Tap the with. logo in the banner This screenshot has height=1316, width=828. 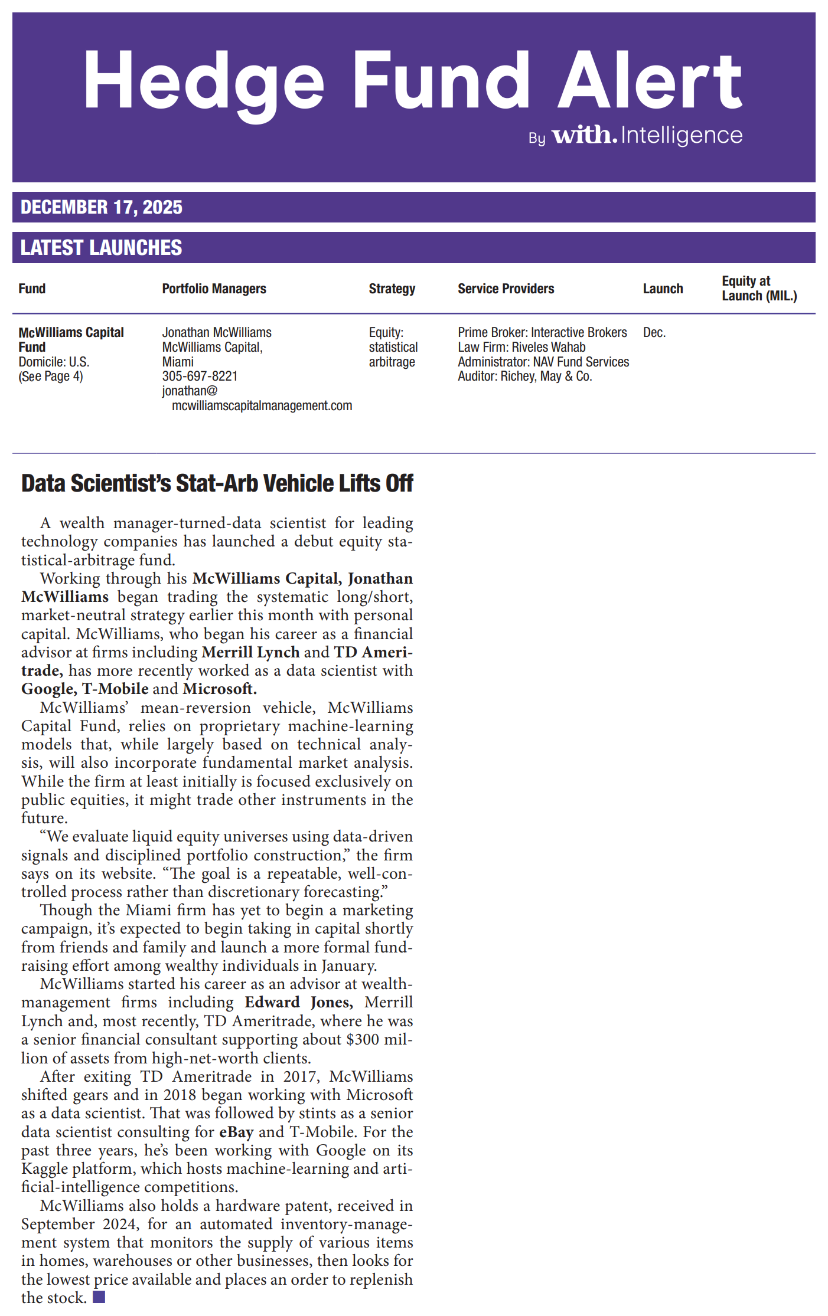tap(584, 135)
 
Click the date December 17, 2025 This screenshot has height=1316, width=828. tap(102, 207)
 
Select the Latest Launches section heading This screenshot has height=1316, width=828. tap(102, 248)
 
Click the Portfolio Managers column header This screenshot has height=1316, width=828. tap(214, 289)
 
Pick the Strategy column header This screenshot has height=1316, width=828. tap(392, 289)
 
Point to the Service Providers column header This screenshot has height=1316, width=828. tap(506, 289)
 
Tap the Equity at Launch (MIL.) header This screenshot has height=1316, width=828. tap(759, 289)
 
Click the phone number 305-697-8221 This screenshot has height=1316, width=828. tap(200, 376)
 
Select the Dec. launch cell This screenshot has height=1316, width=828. tap(654, 333)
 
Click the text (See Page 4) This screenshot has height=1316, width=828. tap(51, 377)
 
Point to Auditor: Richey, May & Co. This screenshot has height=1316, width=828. tap(524, 377)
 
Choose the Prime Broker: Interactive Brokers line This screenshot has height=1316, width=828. tap(542, 333)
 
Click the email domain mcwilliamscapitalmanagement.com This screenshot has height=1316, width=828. tap(262, 406)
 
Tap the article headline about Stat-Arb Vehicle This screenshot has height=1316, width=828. tap(217, 483)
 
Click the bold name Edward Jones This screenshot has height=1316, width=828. tap(299, 1003)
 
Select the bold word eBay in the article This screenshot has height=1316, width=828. tap(236, 1132)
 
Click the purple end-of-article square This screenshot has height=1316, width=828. tap(99, 1297)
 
